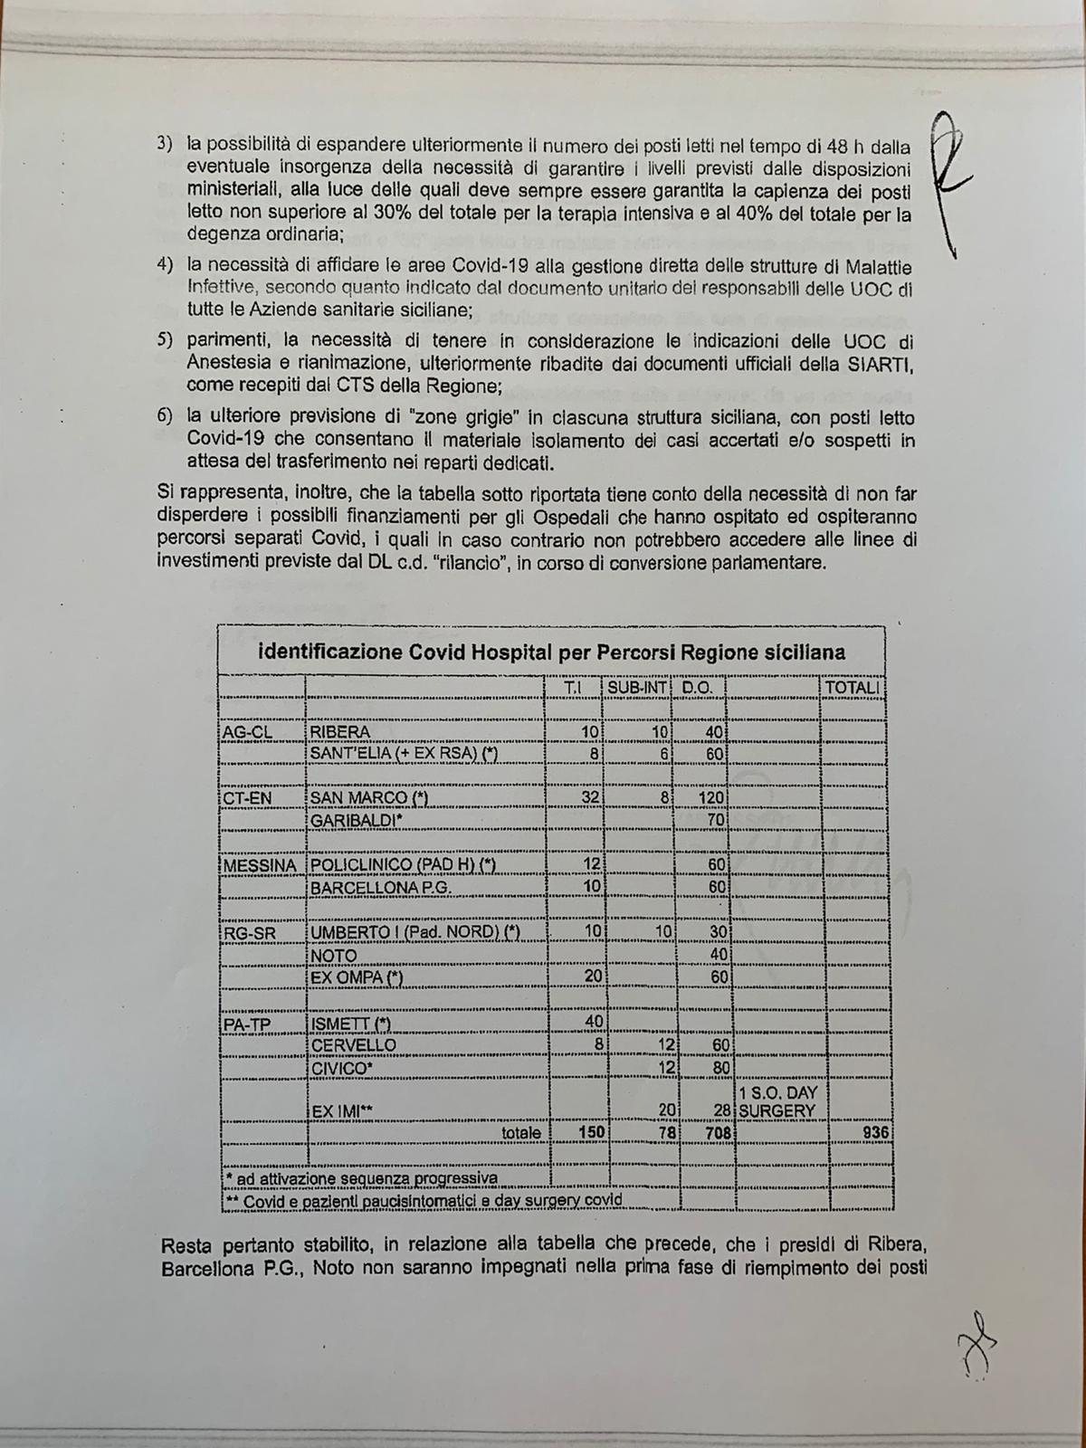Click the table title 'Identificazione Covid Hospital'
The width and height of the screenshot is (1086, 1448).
tap(552, 653)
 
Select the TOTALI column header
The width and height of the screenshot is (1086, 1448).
tap(853, 689)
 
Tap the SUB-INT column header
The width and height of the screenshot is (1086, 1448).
tap(638, 689)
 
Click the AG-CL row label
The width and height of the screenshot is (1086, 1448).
tap(247, 732)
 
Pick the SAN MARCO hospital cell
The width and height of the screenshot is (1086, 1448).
tap(368, 798)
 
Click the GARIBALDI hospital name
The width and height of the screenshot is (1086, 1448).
tap(356, 820)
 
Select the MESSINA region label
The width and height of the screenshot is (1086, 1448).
tap(260, 865)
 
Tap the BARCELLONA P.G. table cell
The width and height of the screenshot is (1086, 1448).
tap(380, 888)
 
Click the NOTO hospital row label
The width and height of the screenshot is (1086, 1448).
tap(334, 956)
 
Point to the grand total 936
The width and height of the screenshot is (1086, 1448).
tap(877, 1133)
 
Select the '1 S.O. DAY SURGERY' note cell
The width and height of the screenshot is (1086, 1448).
tap(778, 1101)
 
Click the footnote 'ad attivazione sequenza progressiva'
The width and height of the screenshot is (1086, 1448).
tap(362, 1178)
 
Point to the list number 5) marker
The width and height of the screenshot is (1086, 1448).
tap(164, 341)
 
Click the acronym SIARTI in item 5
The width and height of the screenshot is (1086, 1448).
tap(883, 363)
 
